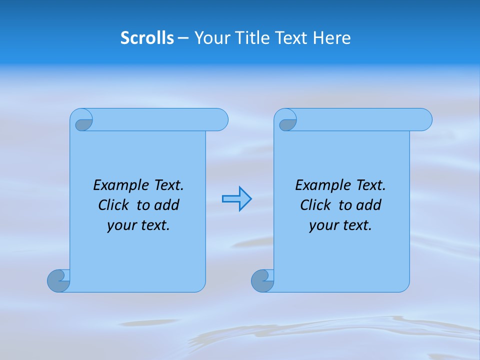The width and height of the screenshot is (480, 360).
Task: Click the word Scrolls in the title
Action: coord(147,38)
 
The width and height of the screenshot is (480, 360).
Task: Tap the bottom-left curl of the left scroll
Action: coord(58,281)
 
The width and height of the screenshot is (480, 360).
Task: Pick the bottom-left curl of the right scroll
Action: coord(262,281)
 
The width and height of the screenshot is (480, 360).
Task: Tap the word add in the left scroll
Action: coord(166,205)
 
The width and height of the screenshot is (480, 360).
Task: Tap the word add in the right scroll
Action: coord(368,205)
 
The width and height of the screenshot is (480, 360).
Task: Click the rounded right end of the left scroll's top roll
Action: coord(220,119)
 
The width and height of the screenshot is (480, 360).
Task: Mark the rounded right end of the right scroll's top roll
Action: coord(424,119)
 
